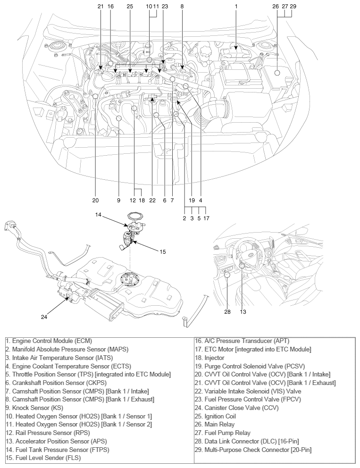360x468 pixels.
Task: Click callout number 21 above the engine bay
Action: [100, 7]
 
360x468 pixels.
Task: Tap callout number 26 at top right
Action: [276, 7]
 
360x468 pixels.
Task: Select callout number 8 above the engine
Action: [182, 7]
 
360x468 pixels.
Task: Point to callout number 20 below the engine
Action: [96, 200]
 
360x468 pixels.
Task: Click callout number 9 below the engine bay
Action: [118, 200]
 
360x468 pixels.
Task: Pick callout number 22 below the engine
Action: [152, 200]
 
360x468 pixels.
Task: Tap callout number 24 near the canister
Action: [44, 317]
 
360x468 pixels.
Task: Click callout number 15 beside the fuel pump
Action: [162, 251]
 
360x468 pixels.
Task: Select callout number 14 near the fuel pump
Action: [98, 215]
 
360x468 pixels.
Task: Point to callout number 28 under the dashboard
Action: [227, 311]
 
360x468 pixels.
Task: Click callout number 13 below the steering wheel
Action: [243, 311]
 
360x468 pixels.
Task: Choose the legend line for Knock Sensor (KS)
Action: [33, 408]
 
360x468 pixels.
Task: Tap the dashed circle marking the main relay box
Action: [277, 73]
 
